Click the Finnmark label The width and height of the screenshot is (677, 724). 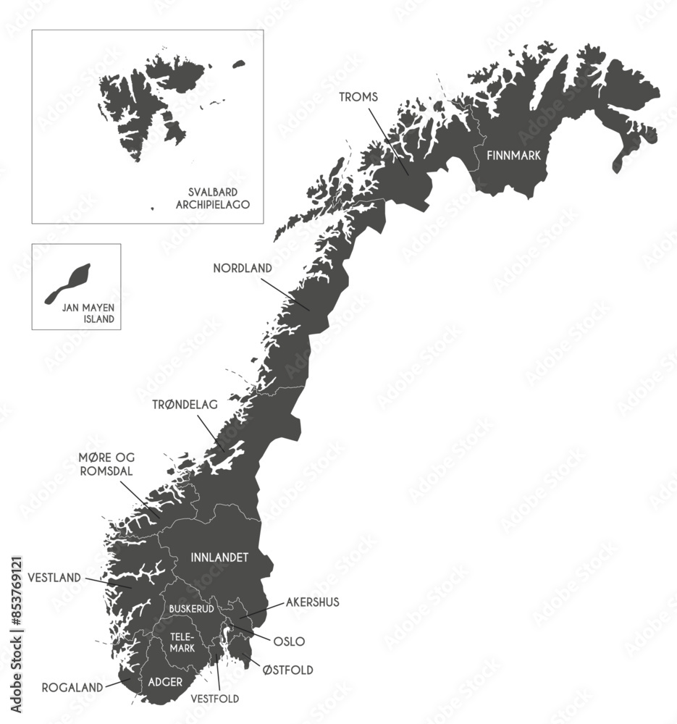click(513, 155)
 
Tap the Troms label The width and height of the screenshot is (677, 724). click(359, 96)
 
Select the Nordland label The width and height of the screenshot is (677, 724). click(243, 268)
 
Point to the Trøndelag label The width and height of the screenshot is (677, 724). click(185, 405)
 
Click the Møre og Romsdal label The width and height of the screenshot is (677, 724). click(106, 464)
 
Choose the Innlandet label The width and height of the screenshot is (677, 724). click(219, 557)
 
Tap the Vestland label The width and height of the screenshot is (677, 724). click(54, 578)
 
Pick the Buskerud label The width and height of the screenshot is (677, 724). click(191, 609)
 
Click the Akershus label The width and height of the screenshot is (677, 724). click(312, 602)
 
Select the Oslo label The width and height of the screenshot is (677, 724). click(288, 641)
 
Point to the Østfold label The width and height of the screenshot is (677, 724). click(288, 670)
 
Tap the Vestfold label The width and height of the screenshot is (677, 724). click(214, 699)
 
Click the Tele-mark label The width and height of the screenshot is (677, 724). click(182, 642)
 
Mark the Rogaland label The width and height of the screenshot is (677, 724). click(72, 687)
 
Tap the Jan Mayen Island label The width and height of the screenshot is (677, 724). click(88, 313)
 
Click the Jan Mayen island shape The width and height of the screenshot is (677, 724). click(70, 283)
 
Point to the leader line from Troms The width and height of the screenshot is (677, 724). click(388, 142)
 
